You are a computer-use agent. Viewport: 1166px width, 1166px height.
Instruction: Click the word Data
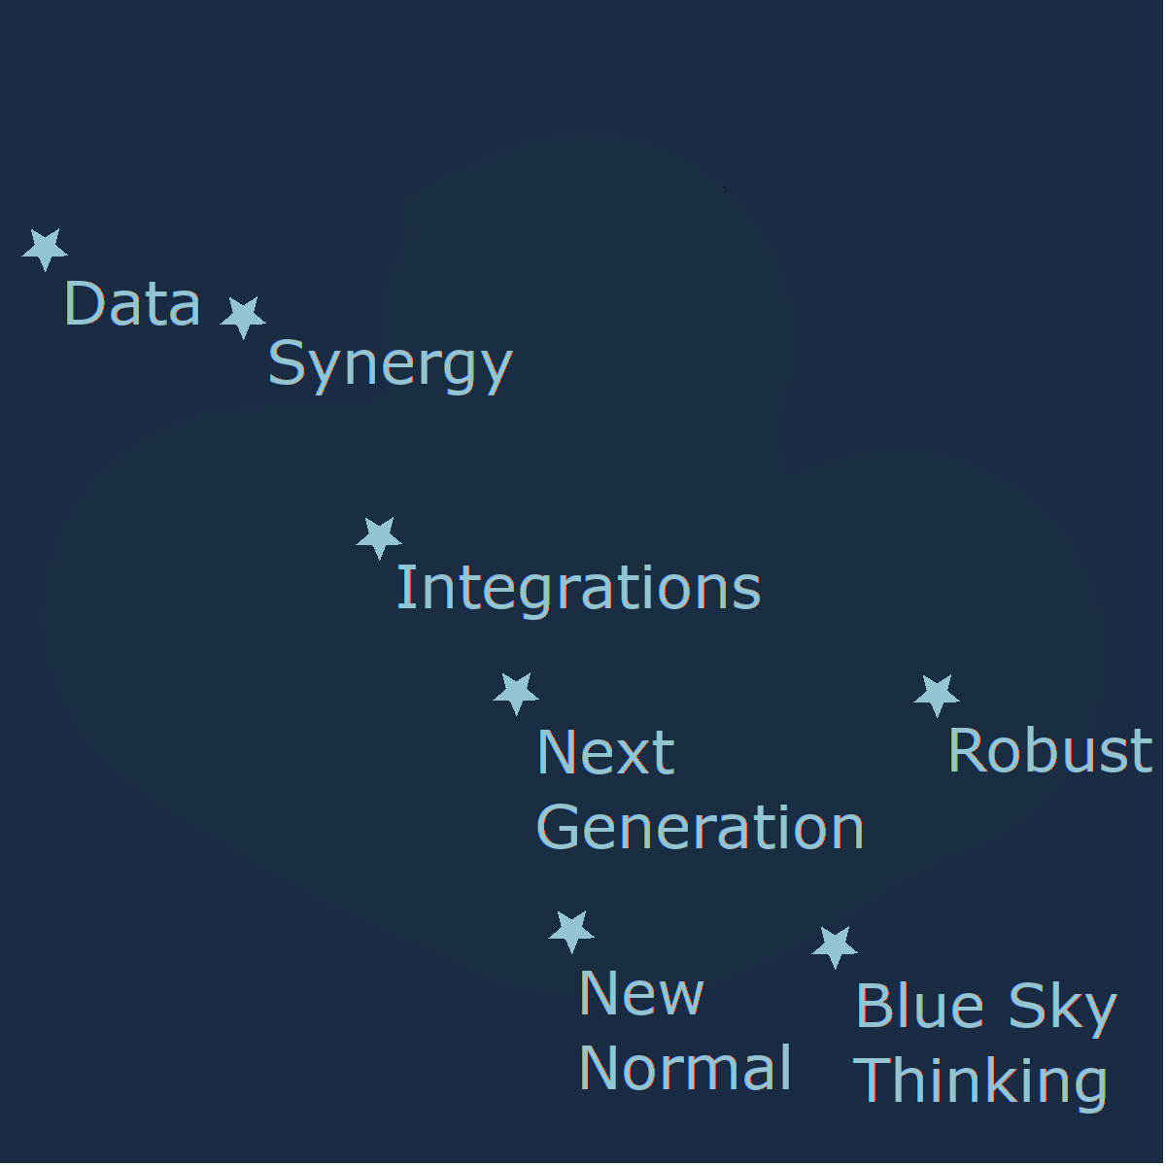tap(132, 303)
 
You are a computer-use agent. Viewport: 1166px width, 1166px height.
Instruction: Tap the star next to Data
tap(45, 249)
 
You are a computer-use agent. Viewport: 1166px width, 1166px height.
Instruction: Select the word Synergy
tap(391, 366)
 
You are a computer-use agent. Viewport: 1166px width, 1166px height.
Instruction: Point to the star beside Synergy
tap(243, 317)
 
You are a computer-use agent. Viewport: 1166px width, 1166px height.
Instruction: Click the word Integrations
tap(578, 590)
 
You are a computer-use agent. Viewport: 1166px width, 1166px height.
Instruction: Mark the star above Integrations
tap(379, 537)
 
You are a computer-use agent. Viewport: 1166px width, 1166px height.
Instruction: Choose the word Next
tap(605, 752)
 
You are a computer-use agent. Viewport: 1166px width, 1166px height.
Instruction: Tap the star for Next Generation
tap(516, 693)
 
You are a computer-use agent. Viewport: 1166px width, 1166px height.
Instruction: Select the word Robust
tap(1049, 750)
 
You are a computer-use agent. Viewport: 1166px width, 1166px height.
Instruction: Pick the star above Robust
tap(936, 696)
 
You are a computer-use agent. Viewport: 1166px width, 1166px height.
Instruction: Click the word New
tap(641, 994)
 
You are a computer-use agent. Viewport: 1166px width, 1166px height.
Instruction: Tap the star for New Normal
tap(571, 931)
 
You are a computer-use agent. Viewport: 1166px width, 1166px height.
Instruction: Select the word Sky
tap(1063, 1010)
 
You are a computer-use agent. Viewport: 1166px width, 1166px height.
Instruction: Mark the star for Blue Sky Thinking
tap(835, 947)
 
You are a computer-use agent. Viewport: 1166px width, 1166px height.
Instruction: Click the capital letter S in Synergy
tap(286, 361)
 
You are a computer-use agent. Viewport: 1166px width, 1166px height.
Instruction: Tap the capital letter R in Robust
tap(966, 750)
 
